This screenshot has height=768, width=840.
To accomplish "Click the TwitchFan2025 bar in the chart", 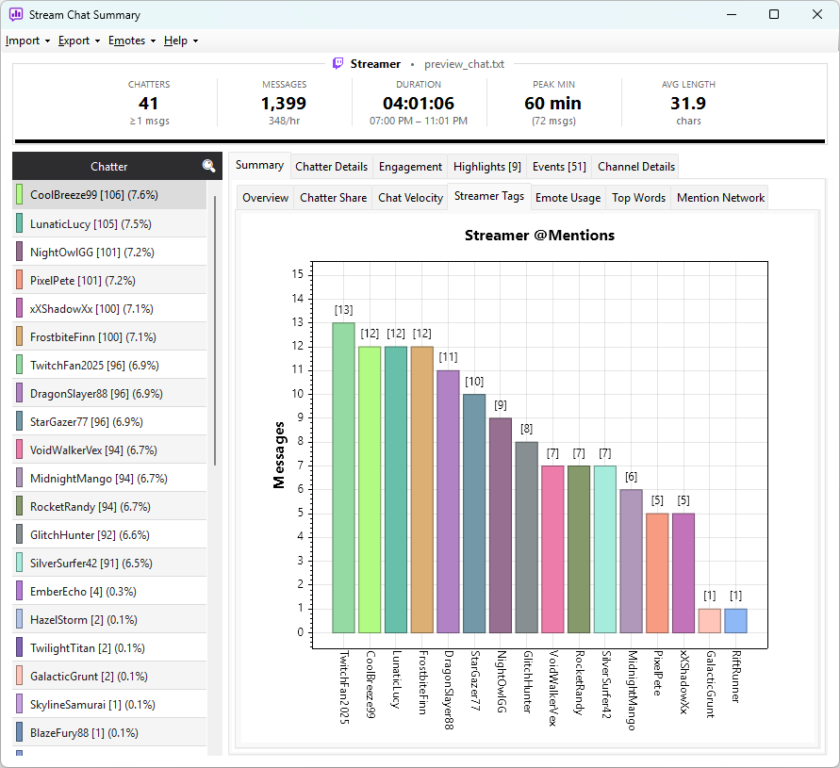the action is pos(343,478).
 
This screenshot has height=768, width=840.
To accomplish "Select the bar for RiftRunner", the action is pos(735,621).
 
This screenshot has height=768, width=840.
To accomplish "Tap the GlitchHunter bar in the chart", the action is pos(527,537).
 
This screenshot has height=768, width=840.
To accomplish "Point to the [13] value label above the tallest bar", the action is pos(343,310).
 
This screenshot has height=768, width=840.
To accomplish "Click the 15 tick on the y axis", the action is pos(297,274).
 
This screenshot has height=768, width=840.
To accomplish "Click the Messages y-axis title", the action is pos(278,455).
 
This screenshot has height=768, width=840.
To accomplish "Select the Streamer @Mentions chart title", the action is pos(539,236).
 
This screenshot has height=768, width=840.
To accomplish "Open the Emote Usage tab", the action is pos(568,198).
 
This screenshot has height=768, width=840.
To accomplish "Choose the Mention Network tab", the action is pos(720,198).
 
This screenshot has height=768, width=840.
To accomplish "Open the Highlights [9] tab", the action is pos(487,167).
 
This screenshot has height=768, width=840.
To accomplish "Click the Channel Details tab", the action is pos(636,167).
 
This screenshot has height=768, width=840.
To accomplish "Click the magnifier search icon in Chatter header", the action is pos(208,166).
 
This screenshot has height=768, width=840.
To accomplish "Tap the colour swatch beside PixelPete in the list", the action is pos(19,280).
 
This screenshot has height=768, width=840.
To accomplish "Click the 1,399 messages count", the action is pos(284,103).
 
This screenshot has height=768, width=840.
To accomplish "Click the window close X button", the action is pos(817,14).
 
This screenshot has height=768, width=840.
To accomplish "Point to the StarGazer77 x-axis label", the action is pos(474,680).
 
